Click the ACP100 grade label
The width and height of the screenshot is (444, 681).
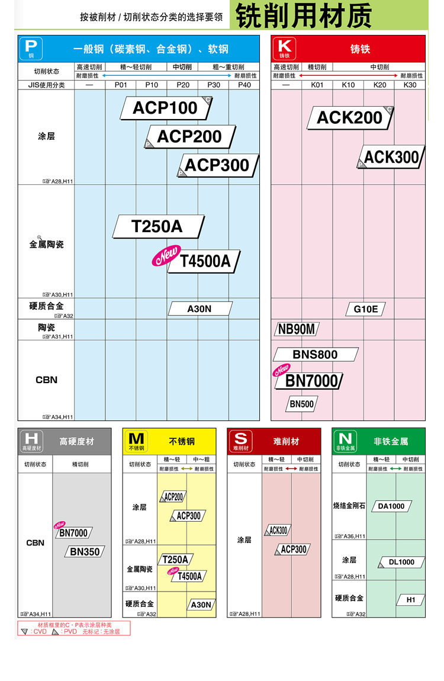point(165,108)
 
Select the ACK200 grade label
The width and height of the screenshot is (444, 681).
point(350,118)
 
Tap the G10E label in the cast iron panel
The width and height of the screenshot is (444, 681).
point(366,309)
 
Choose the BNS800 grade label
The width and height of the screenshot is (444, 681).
point(315,355)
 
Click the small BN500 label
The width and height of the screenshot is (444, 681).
point(302,404)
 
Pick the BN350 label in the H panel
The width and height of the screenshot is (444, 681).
point(85,552)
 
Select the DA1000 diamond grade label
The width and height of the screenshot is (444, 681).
point(391,506)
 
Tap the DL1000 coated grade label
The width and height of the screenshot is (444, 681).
point(401,562)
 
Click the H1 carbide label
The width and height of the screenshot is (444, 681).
point(411,600)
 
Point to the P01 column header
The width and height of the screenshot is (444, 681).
point(121,85)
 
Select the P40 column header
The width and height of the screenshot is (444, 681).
point(244,85)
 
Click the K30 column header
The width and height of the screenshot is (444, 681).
point(410,85)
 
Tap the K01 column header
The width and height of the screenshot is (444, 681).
point(317,85)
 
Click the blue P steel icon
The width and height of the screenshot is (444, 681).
point(31,48)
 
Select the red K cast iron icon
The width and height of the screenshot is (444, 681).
point(284,48)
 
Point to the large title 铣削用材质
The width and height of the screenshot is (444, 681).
point(304,16)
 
